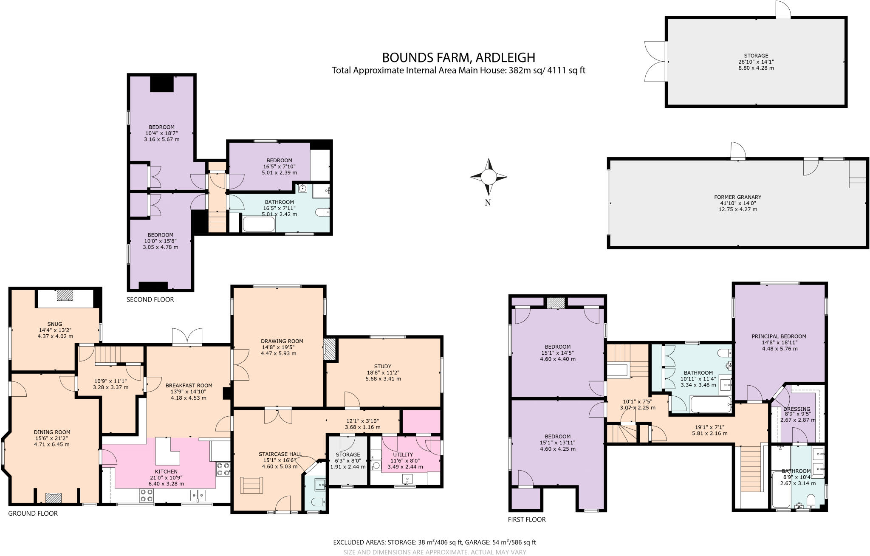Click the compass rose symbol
pyautogui.click(x=489, y=176)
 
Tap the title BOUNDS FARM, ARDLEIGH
pyautogui.click(x=458, y=57)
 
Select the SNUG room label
pyautogui.click(x=55, y=324)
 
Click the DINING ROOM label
pyautogui.click(x=52, y=432)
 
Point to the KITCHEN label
pyautogui.click(x=166, y=471)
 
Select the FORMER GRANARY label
pyautogui.click(x=737, y=197)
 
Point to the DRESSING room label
pyautogui.click(x=797, y=409)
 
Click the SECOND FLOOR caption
pyautogui.click(x=150, y=299)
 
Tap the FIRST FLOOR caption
pyautogui.click(x=526, y=519)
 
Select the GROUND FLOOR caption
pyautogui.click(x=33, y=513)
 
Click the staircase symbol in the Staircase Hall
pyautogui.click(x=252, y=485)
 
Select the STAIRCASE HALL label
pyautogui.click(x=280, y=454)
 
